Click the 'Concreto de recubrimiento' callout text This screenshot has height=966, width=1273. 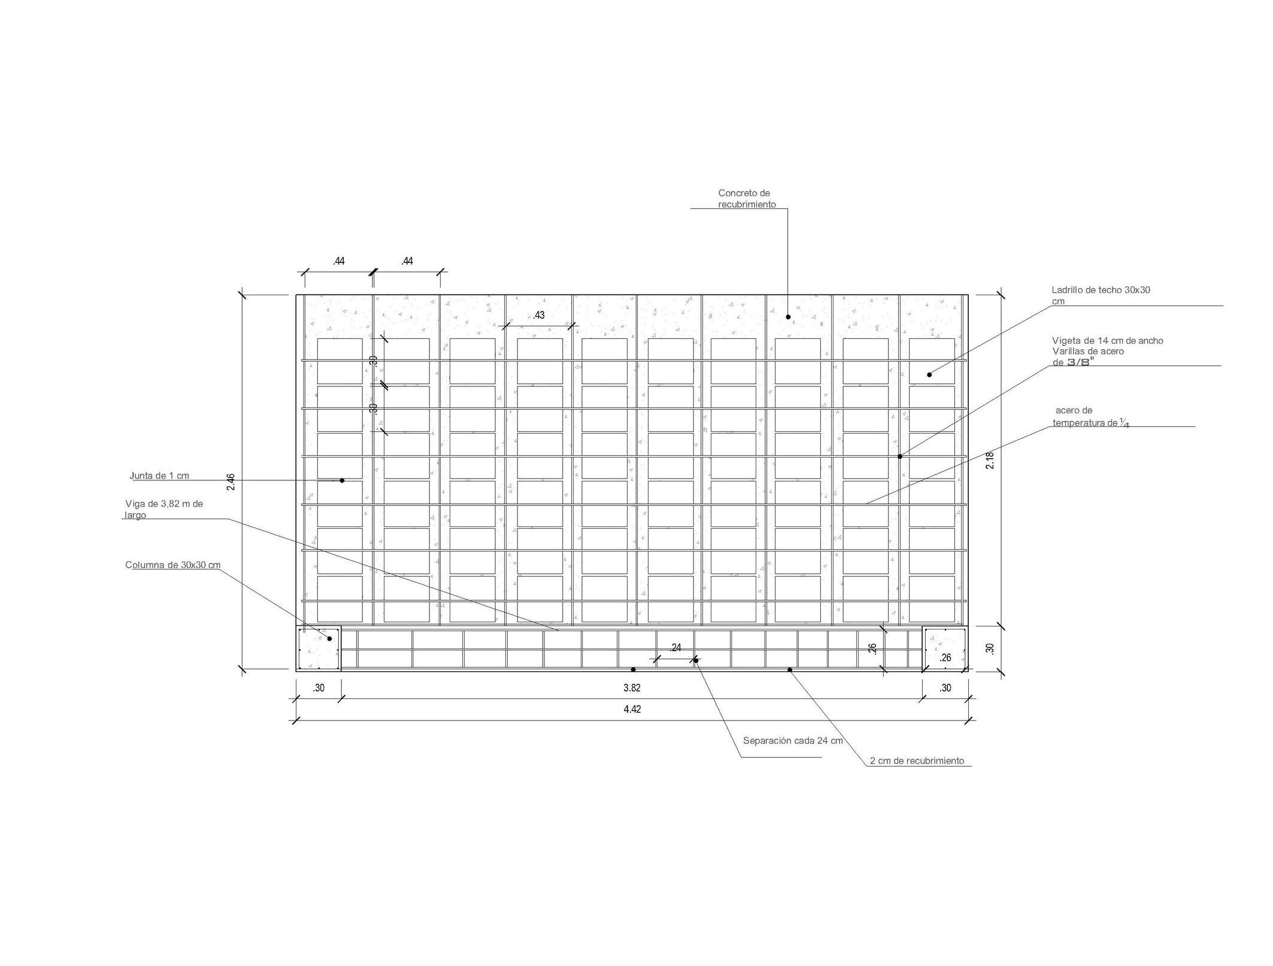point(746,199)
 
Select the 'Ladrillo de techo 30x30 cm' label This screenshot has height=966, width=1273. point(1101,295)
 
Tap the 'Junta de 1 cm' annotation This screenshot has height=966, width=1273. point(159,476)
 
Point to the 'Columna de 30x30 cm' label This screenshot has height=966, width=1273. point(172,565)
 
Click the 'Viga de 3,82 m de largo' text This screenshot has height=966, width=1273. point(163,509)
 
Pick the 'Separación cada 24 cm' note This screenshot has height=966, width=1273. point(793,741)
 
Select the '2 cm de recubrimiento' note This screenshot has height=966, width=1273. point(917,761)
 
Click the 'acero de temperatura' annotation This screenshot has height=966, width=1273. point(1085,417)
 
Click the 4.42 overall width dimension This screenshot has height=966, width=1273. point(632,710)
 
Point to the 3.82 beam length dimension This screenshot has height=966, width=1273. point(632,688)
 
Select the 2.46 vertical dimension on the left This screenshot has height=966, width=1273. point(231,482)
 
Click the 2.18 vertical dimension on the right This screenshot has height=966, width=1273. point(990,460)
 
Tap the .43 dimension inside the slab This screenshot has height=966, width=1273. point(539,315)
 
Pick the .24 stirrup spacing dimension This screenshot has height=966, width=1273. point(675,647)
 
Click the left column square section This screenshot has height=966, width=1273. point(319,649)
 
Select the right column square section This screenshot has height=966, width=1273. point(945,649)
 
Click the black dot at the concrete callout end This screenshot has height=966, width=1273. point(788,317)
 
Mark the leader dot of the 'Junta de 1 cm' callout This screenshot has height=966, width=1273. point(342,480)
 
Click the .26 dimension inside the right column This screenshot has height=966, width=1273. point(945,658)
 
